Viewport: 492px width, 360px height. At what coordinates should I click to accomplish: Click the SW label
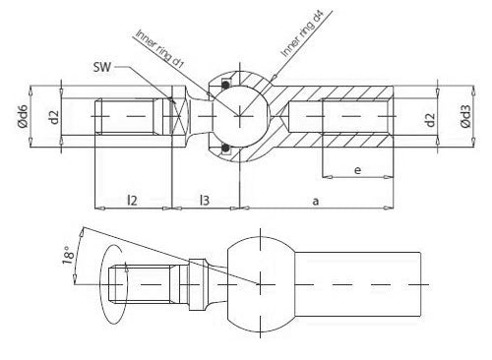[102, 67]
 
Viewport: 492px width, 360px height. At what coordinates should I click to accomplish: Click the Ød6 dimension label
[24, 116]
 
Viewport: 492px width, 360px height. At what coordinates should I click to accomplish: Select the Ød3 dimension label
[465, 116]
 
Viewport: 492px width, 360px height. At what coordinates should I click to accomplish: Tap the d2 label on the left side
[54, 117]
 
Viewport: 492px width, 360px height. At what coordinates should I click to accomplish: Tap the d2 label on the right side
[430, 119]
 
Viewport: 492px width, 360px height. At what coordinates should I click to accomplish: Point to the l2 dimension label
[132, 200]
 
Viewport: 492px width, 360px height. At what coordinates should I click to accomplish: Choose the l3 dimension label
[205, 200]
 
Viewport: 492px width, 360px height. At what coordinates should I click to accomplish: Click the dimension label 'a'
[316, 201]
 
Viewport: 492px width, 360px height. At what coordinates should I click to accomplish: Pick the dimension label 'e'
[358, 170]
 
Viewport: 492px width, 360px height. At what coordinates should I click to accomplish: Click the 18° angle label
[68, 255]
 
